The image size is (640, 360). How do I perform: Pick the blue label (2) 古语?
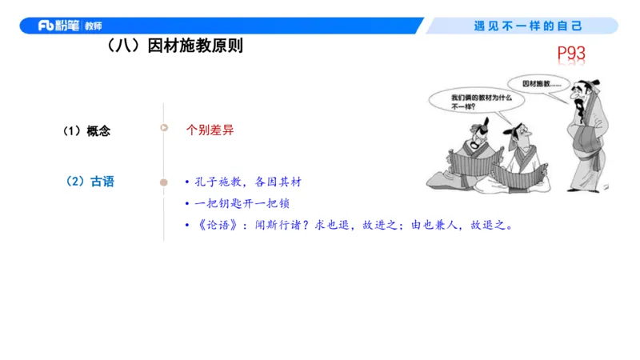click(x=90, y=182)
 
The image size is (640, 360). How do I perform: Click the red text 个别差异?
click(x=210, y=130)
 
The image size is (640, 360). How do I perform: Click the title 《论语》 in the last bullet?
click(x=210, y=225)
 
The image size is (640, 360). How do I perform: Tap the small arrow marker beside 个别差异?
click(x=164, y=127)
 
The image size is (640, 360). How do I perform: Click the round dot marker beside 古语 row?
click(x=164, y=182)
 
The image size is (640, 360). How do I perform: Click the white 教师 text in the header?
click(x=93, y=26)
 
